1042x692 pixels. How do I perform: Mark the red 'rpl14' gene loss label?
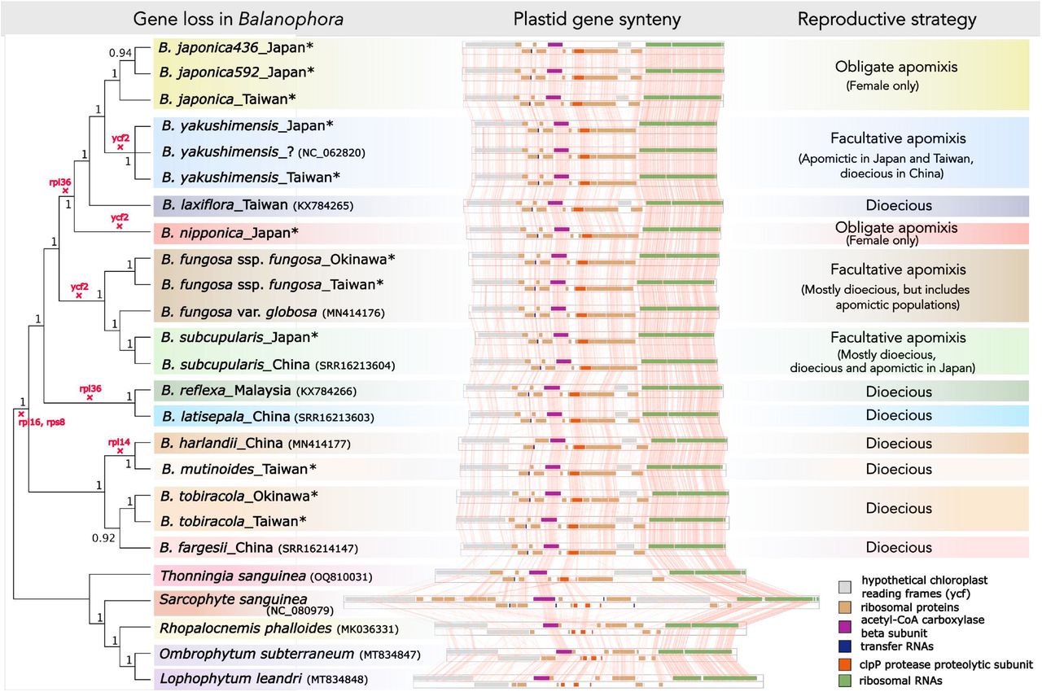[x=119, y=442]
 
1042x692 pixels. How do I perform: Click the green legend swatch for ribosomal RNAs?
[x=846, y=681]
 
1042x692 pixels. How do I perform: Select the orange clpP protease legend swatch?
[x=846, y=664]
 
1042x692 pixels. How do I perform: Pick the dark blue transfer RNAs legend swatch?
[x=846, y=647]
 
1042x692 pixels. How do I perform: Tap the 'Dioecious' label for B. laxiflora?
[x=899, y=206]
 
